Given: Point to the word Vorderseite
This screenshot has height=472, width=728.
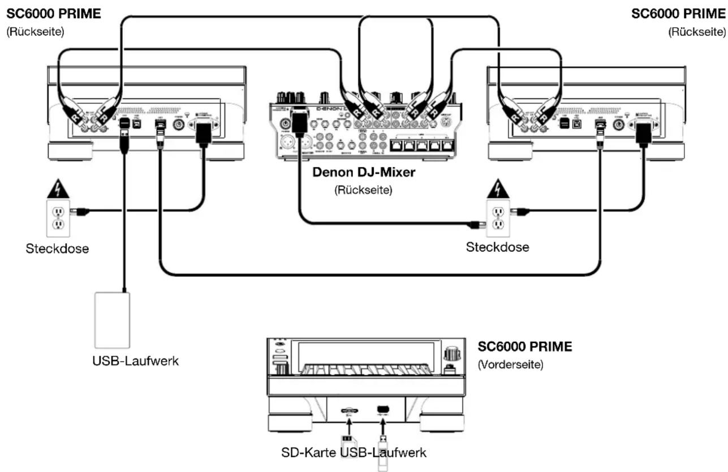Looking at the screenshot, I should [511, 364].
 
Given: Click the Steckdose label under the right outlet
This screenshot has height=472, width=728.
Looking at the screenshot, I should [497, 247].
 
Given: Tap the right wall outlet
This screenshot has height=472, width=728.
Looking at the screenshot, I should [497, 217].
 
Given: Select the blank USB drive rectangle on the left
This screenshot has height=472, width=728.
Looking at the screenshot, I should [113, 320].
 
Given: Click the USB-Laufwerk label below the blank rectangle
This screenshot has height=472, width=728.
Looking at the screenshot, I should [136, 361].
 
